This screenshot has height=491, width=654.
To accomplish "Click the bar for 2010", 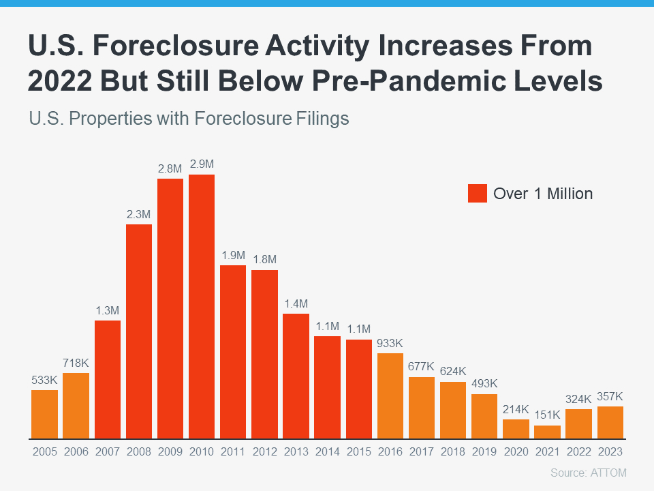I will click(x=202, y=307).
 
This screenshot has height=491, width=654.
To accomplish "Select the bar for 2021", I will click(x=547, y=432).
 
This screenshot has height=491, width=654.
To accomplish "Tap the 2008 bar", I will click(x=139, y=331).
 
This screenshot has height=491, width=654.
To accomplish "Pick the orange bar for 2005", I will click(x=45, y=414).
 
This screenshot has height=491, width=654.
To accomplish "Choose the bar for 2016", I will click(x=390, y=396).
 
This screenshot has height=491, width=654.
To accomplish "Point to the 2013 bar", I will click(x=296, y=376).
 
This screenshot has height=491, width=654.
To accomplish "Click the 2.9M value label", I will click(x=202, y=164).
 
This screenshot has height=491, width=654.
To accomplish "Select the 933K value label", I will click(x=390, y=343).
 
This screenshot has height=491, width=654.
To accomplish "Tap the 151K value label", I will click(x=547, y=415).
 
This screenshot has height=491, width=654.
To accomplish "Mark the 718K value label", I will click(x=76, y=362).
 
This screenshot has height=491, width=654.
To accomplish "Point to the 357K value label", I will click(x=610, y=396).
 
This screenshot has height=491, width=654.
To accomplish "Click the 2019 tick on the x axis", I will click(x=484, y=451).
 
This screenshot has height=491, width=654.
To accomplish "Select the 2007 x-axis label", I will click(x=108, y=451).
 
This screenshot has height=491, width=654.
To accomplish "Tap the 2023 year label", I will click(x=610, y=451).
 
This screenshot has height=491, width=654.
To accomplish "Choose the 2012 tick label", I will click(x=264, y=451).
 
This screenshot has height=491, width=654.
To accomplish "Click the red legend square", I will click(x=478, y=193).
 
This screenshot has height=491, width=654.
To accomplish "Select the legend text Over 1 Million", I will click(x=543, y=194).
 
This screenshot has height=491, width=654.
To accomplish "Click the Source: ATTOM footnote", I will click(x=587, y=473).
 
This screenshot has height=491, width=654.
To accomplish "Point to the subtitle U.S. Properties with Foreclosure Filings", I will click(x=189, y=119).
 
